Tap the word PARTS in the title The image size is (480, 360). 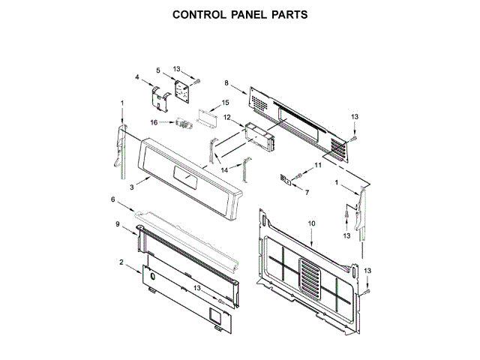tap(285, 14)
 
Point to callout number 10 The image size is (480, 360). tap(312, 223)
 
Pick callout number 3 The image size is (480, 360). tap(132, 186)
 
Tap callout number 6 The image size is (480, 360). tap(113, 199)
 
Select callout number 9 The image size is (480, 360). tap(118, 223)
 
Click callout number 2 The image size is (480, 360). tap(121, 262)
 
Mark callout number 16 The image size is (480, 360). tap(154, 121)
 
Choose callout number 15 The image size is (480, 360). tap(225, 102)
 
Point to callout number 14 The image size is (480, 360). tap(224, 170)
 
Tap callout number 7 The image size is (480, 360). tap(307, 192)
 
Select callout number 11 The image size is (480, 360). tap(317, 164)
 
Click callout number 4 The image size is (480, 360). tap(138, 76)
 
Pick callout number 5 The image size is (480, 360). tap(158, 70)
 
